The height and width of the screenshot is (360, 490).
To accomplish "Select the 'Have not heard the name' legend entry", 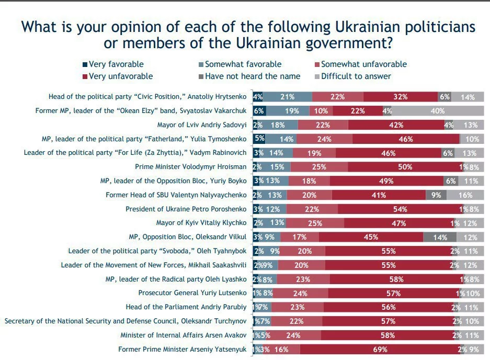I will coord(253,76).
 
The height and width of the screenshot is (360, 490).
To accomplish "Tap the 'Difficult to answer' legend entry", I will coord(356,76).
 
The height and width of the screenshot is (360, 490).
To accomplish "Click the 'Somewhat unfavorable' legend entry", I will coord(363,64).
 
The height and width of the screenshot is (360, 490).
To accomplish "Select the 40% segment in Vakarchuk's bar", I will coord(437,111).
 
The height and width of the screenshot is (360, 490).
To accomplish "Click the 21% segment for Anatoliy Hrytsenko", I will coord(287,97).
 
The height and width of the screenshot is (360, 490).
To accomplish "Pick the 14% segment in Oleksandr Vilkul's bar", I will coord(440,237).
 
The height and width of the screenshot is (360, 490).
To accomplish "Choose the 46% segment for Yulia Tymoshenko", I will coord(406,139).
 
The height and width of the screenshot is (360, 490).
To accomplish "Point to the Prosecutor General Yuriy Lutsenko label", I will coord(192,293).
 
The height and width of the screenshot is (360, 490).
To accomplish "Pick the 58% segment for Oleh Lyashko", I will coord(395,279).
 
